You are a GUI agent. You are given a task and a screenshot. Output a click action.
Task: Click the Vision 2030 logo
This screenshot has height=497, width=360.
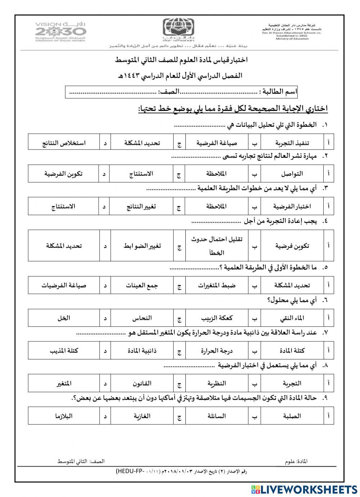pos(60,31)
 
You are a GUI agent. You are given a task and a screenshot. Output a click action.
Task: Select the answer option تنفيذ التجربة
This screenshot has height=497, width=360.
pos(292,143)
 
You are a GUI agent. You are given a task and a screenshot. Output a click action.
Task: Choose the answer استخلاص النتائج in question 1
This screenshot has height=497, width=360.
pos(64,143)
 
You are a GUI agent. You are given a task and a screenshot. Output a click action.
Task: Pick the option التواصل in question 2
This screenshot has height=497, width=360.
pos(292,174)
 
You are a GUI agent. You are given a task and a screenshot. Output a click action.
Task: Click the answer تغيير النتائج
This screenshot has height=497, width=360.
pos(141,206)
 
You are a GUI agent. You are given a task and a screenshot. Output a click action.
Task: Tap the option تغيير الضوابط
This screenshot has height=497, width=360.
pos(141,246)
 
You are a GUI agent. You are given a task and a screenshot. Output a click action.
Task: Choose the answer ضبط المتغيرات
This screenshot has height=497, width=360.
pos(217,285)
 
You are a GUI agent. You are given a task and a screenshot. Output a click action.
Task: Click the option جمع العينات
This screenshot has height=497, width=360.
pos(142,285)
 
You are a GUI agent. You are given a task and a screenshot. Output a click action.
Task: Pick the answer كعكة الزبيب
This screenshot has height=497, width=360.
pos(217,318)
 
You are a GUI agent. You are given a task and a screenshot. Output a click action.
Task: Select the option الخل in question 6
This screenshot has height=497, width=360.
pos(64,318)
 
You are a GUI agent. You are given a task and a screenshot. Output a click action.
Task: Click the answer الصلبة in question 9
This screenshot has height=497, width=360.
pos(292,416)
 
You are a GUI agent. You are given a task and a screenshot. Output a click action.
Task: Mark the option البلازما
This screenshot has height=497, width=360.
pos(64,416)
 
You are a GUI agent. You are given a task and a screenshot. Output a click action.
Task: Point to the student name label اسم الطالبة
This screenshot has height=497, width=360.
pos(278,92)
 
